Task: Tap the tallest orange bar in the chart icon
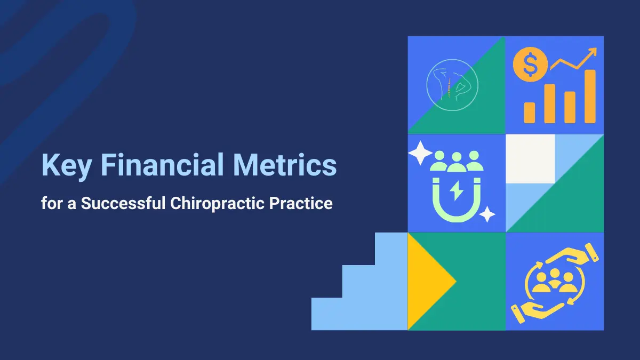tap(590, 97)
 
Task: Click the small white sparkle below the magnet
tap(487, 214)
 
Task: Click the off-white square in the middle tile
tap(530, 158)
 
